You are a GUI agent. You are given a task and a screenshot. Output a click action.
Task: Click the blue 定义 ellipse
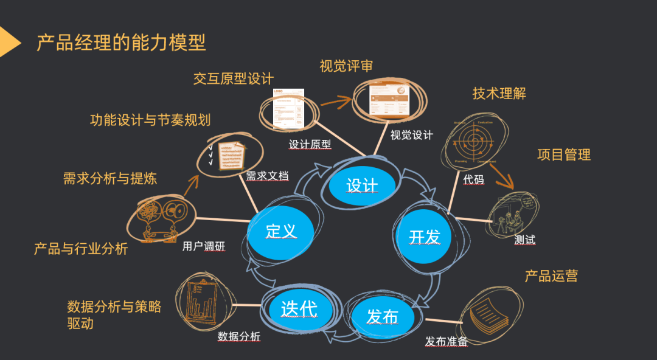[280, 231]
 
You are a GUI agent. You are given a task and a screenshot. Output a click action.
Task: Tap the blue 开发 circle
[424, 236]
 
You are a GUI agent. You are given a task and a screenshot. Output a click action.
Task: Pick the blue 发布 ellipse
[382, 317]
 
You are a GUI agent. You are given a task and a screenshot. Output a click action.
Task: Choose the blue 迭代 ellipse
[299, 308]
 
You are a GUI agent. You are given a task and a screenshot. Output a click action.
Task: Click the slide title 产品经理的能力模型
[121, 43]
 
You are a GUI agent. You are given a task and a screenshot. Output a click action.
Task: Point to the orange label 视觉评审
[346, 66]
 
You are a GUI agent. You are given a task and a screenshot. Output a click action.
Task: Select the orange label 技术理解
[499, 93]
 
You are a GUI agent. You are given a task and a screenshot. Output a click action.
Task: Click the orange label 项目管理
[563, 154]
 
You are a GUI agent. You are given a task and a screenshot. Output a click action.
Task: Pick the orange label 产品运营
[551, 276]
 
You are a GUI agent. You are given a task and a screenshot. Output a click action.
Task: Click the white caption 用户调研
[204, 247]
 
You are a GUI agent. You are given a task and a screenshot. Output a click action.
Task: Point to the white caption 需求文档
[267, 176]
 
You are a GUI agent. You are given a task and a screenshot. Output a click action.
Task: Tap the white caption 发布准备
[447, 341]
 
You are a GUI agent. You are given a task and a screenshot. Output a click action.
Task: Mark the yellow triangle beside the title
[9, 43]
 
